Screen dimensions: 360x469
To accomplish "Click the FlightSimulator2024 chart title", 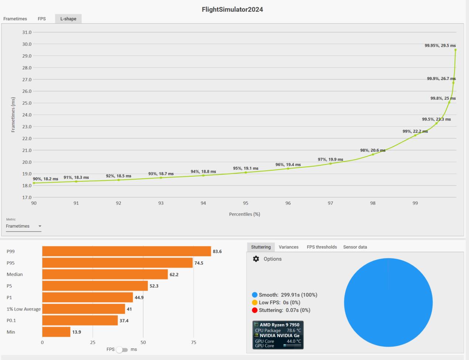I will (x=232, y=10).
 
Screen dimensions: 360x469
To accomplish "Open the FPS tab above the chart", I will (x=42, y=19).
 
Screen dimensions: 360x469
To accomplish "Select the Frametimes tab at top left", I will (x=15, y=19).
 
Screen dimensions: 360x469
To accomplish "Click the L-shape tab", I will (x=68, y=19).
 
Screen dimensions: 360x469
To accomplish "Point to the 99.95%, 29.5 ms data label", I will (x=440, y=45).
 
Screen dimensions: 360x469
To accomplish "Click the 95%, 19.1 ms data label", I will (x=246, y=168).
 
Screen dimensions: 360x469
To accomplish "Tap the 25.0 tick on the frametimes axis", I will (x=27, y=103).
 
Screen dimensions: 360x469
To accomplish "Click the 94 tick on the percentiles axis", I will (x=203, y=203).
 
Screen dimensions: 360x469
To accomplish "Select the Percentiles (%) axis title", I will (x=244, y=214).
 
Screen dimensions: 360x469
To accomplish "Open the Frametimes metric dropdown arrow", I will (x=40, y=226).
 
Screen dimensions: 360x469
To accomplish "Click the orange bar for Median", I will (x=105, y=274).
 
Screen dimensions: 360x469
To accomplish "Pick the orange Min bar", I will (x=56, y=332).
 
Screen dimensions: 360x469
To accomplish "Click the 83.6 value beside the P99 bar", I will (x=217, y=251).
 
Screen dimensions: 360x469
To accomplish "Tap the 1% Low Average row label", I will (x=24, y=309).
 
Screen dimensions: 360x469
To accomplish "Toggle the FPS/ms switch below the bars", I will (x=122, y=350).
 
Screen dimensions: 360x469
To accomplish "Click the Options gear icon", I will (x=256, y=259).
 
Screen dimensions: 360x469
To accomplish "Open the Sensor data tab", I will (x=355, y=247).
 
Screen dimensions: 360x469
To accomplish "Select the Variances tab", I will (x=288, y=247).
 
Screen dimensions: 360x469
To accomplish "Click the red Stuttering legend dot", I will (x=254, y=310).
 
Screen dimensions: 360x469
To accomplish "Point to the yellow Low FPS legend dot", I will (x=254, y=302).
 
